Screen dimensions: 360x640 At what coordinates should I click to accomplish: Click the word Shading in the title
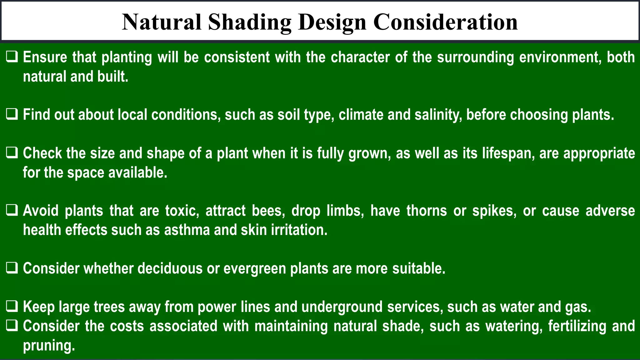[x=249, y=22]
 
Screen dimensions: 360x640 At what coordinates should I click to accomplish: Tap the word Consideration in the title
[x=445, y=22]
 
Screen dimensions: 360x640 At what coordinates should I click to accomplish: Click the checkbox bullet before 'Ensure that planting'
[x=12, y=57]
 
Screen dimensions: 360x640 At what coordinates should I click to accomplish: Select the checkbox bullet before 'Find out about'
[x=12, y=115]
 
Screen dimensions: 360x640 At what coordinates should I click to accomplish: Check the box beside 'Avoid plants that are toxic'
[x=12, y=211]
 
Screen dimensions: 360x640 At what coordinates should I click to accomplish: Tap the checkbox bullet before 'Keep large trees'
[x=12, y=307]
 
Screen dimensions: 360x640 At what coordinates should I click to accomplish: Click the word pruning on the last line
[x=49, y=346]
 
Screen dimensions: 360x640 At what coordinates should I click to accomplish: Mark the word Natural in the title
[x=162, y=22]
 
